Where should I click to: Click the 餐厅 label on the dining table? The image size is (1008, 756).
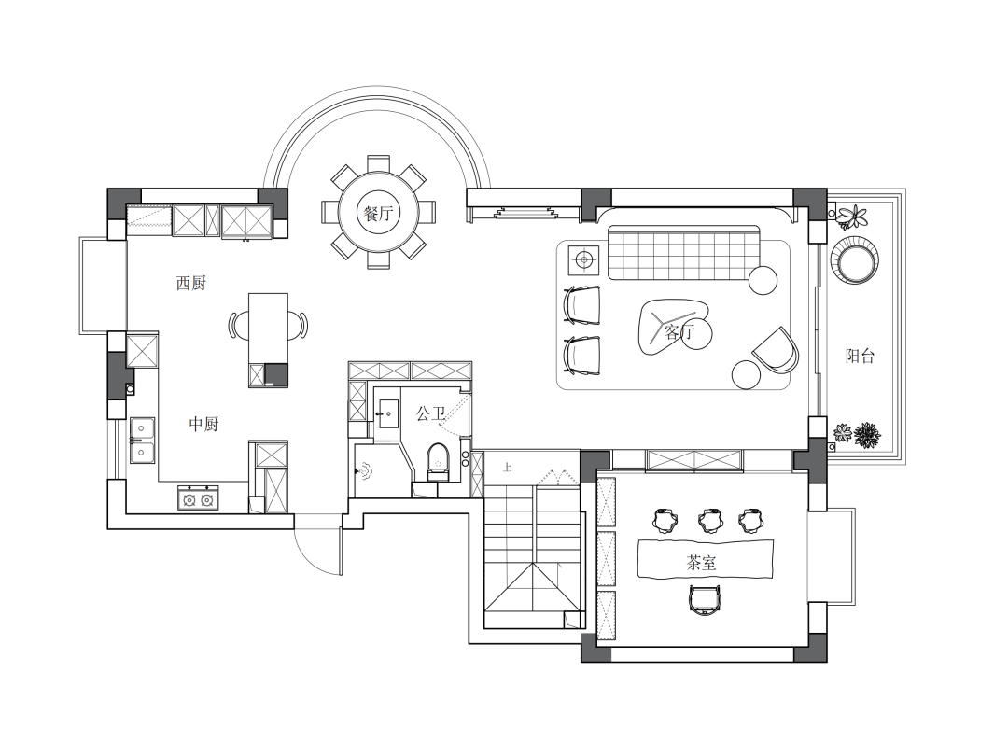tap(378, 213)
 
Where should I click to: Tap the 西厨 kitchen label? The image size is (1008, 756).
tap(191, 283)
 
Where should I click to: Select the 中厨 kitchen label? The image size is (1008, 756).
tap(203, 424)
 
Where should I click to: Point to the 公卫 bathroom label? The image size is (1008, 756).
tap(430, 414)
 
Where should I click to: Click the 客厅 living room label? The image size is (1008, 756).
tap(679, 331)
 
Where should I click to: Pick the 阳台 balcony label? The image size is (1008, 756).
tap(860, 356)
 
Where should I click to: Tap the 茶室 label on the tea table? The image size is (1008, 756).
tap(701, 563)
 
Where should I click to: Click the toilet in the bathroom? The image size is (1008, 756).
tap(438, 462)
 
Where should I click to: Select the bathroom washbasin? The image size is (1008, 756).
tap(387, 413)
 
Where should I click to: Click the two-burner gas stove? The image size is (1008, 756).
tap(198, 498)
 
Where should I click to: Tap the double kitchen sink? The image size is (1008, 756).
tap(142, 441)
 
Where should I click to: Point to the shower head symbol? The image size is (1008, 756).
tap(365, 472)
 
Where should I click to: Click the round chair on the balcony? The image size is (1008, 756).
tap(854, 260)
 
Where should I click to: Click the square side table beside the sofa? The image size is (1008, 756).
tap(583, 259)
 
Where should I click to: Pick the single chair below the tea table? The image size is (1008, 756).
tap(706, 600)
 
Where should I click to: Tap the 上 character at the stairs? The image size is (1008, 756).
tap(507, 468)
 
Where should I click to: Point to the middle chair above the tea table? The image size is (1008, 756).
tap(709, 521)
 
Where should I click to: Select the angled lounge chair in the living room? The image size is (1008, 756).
tap(777, 350)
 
